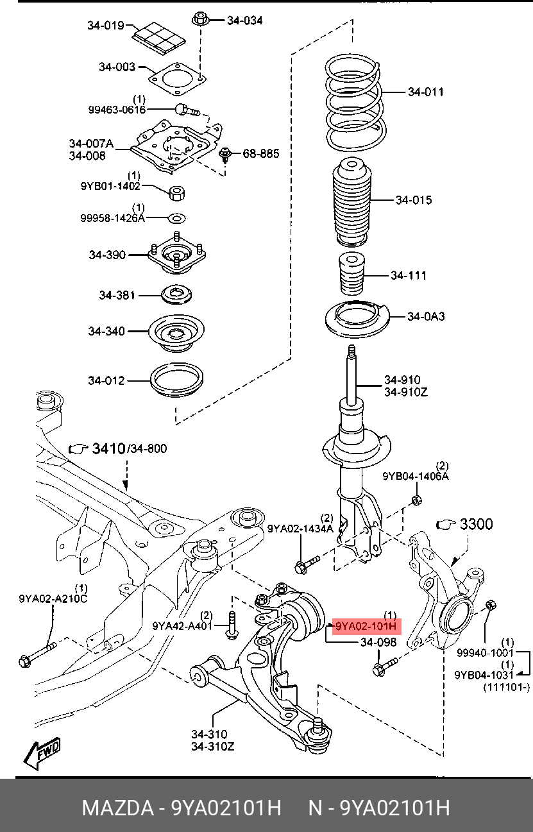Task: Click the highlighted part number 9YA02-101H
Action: (366, 627)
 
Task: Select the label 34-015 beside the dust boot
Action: (414, 200)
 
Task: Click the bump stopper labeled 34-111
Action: (352, 273)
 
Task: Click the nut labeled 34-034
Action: (200, 19)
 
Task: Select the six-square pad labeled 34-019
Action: (159, 37)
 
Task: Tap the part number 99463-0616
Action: (117, 110)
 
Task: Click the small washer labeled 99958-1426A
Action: (177, 218)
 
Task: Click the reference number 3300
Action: (476, 524)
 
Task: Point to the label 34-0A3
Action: (426, 316)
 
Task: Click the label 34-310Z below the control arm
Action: (213, 746)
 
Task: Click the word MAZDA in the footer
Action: (118, 808)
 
